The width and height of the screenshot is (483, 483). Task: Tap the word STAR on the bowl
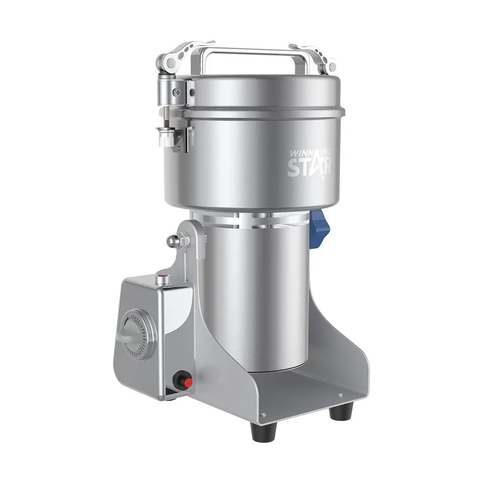pyautogui.click(x=310, y=167)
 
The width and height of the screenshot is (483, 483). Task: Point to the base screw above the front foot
pyautogui.click(x=263, y=414)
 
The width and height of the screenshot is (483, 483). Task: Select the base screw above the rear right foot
pyautogui.click(x=341, y=395)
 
